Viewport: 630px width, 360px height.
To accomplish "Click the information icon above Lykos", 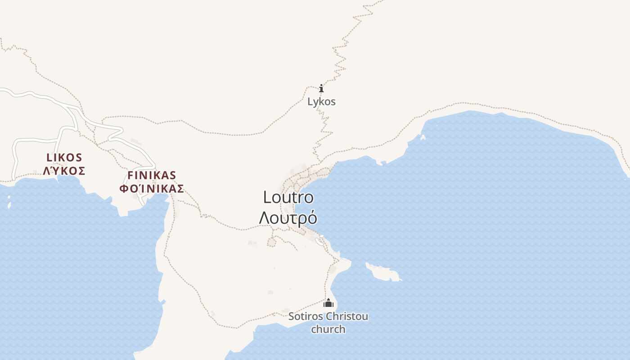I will [321, 88].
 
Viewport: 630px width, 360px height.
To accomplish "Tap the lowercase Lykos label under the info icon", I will [321, 102].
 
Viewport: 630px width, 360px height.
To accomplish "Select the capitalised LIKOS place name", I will [64, 157].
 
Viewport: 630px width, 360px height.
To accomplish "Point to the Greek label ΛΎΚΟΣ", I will [64, 171].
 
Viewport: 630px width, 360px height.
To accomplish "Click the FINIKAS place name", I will [152, 175].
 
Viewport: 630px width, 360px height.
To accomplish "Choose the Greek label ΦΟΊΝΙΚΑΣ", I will [152, 189].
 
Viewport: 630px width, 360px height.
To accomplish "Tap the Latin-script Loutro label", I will [288, 197].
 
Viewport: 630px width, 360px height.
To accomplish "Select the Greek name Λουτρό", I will [288, 218].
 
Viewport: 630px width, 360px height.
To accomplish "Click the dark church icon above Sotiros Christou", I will [328, 303].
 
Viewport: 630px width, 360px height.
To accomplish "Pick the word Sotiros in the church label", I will [305, 316].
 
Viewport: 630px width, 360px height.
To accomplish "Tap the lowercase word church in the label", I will [328, 329].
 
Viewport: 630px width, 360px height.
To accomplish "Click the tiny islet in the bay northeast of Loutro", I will [423, 137].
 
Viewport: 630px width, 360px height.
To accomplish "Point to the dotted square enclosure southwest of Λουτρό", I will [271, 243].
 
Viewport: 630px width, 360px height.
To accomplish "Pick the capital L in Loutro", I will [267, 197].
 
